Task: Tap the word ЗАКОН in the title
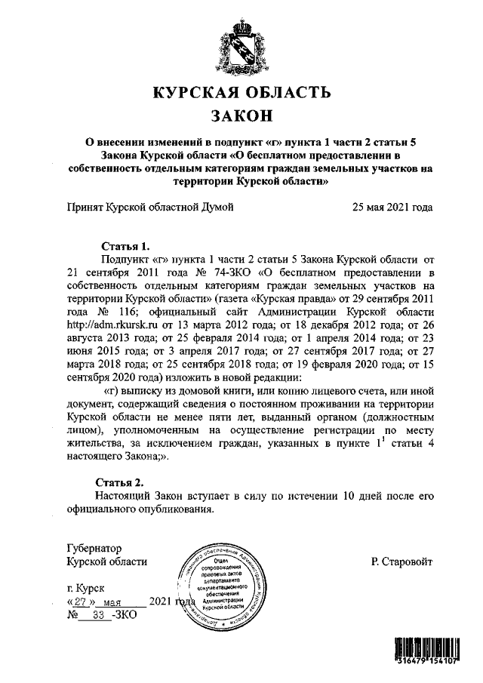point(241,116)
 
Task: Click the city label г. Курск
point(87,588)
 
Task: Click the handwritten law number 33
point(97,616)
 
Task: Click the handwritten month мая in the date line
point(112,602)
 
